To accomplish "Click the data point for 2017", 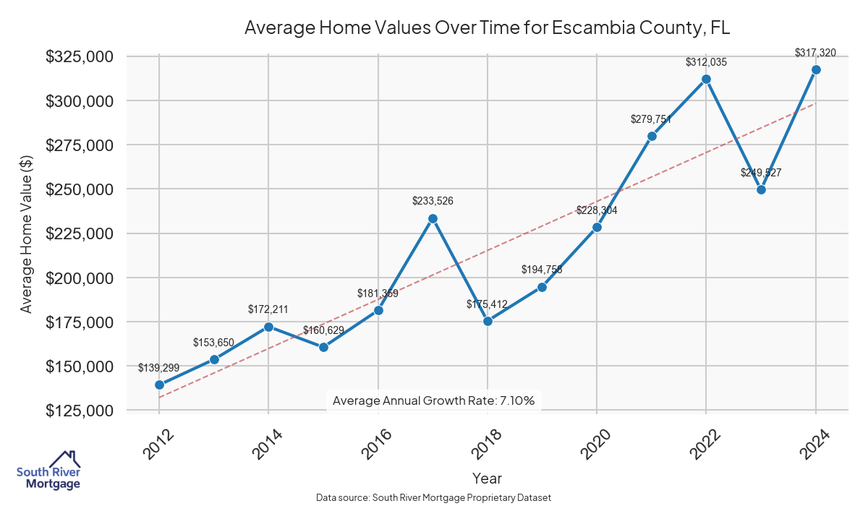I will (x=433, y=218).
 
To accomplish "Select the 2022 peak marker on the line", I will (x=707, y=79).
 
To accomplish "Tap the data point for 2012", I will (x=159, y=385).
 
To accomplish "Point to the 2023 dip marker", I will (x=761, y=189).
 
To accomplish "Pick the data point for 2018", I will (x=488, y=321).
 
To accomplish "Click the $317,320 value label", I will (x=815, y=53).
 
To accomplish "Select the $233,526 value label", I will (x=433, y=201).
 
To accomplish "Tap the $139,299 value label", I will (x=159, y=368).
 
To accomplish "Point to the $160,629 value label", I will (x=323, y=330).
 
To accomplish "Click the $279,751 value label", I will (x=652, y=119).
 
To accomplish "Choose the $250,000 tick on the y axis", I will (x=79, y=189).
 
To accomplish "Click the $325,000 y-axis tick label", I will (x=79, y=56).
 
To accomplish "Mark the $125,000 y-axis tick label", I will (x=79, y=411).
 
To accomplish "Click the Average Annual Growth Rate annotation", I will (x=433, y=400).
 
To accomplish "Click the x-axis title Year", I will (x=487, y=478).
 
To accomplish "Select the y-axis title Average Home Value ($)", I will (x=26, y=233).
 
